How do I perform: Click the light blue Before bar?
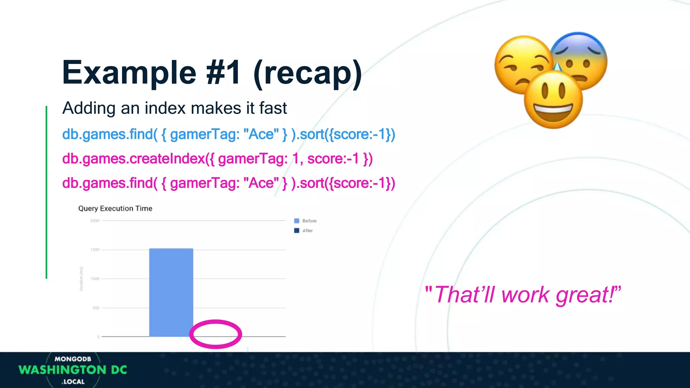tap(171, 292)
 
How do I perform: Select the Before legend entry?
tap(306, 221)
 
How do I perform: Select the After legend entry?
tap(304, 231)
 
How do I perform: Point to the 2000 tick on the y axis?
tap(95, 221)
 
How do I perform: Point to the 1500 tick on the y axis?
tap(95, 250)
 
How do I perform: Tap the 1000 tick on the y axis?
tap(95, 279)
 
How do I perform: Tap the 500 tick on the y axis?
tap(96, 308)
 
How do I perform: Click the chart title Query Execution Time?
tap(115, 208)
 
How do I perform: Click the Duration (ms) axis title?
tap(81, 279)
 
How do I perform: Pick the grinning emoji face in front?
tap(553, 100)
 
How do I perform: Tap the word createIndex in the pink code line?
tap(167, 159)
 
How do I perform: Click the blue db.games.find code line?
tap(228, 134)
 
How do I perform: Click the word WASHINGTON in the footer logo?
tap(63, 370)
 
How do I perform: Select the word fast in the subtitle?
tap(273, 108)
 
